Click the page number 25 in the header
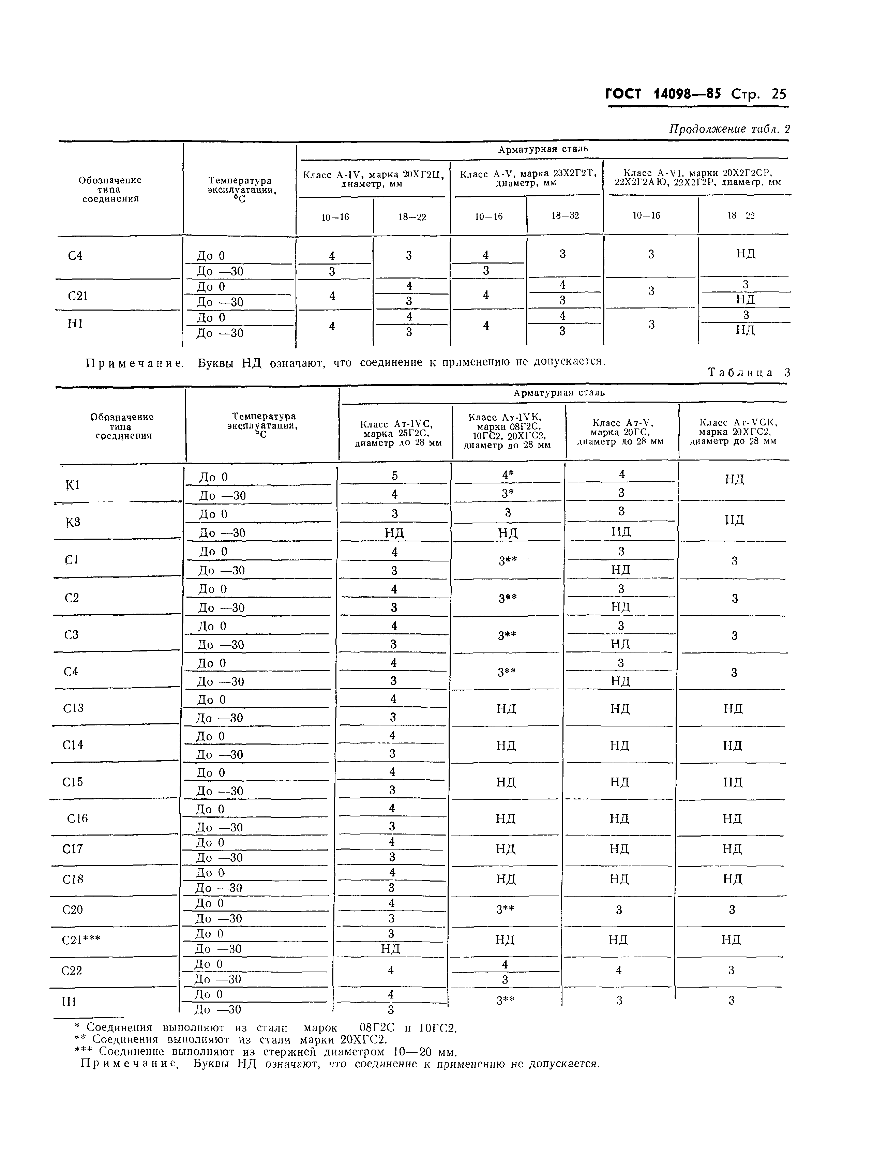click(x=778, y=94)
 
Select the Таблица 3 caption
click(x=749, y=372)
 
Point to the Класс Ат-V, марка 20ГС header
click(x=620, y=432)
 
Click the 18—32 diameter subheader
click(x=565, y=215)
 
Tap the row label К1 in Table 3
click(x=72, y=485)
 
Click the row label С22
click(x=72, y=970)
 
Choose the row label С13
click(x=73, y=708)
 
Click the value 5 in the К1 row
click(x=394, y=476)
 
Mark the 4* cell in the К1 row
click(x=507, y=475)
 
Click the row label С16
click(x=77, y=818)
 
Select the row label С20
click(x=72, y=910)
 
